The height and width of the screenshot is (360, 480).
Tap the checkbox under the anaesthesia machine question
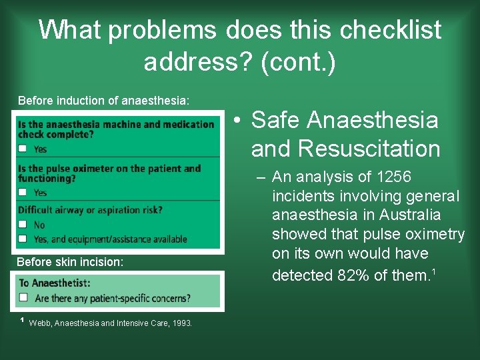(23, 149)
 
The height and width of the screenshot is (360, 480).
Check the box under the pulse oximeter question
(23, 192)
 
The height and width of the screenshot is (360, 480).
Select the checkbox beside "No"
(23, 225)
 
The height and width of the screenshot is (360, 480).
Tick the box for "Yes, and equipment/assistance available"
(23, 239)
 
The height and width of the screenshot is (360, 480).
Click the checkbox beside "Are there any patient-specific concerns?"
(23, 297)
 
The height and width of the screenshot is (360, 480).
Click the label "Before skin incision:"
(70, 262)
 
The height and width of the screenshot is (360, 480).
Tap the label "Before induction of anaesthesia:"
(103, 101)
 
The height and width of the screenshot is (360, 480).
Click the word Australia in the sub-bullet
(408, 215)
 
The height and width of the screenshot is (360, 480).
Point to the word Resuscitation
(345, 149)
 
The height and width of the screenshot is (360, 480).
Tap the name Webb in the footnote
(41, 323)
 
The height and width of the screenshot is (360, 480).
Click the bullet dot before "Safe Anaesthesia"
(237, 121)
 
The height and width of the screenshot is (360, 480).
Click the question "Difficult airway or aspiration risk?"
(90, 210)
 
